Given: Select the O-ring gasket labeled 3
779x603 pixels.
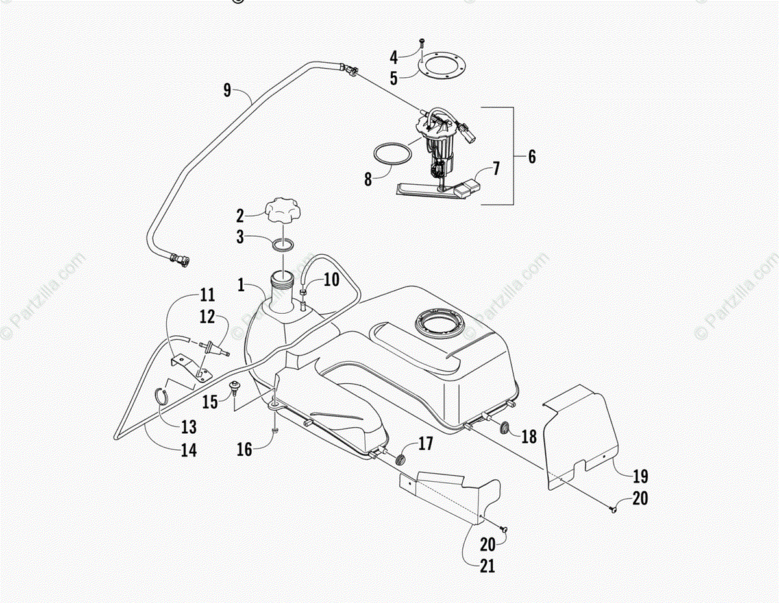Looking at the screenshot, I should [x=283, y=245].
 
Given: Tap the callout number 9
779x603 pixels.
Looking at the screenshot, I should [x=227, y=90].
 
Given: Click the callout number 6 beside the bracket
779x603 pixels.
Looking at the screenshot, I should [x=532, y=156].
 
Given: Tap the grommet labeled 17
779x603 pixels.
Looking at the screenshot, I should [x=401, y=459].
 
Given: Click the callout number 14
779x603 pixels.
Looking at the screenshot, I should [x=189, y=449].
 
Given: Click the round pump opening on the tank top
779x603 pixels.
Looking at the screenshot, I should [x=441, y=322].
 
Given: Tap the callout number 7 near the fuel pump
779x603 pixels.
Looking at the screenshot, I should [x=496, y=169].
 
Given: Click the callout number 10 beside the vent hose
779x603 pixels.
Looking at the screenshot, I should [x=331, y=280].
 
